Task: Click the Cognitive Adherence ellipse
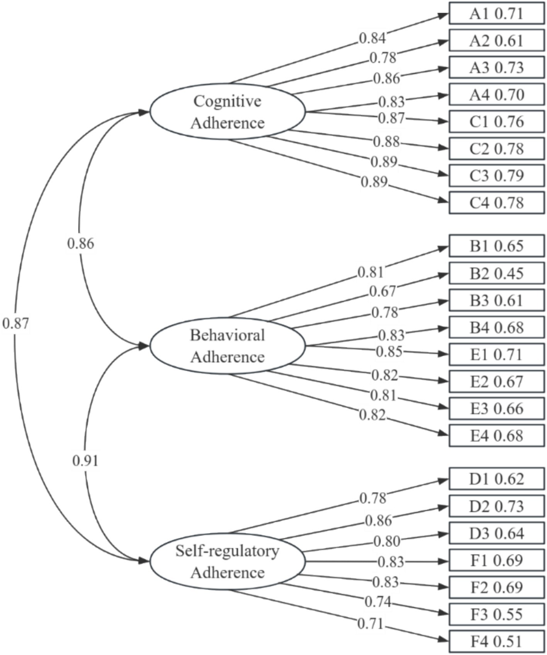[227, 112]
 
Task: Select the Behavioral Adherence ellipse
[227, 346]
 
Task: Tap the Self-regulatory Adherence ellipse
[227, 561]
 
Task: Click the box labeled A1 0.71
[496, 14]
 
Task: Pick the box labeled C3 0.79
[496, 176]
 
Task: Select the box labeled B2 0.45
[496, 274]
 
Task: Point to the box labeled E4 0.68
[496, 436]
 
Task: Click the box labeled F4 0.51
[496, 642]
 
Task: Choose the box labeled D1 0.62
[496, 479]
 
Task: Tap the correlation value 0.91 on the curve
[85, 461]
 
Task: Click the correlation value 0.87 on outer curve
[15, 323]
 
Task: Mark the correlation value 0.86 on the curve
[80, 244]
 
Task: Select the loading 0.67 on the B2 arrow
[383, 291]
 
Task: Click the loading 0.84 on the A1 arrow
[372, 38]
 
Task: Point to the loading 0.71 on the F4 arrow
[371, 623]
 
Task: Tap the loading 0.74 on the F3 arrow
[378, 602]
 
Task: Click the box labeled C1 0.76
[496, 122]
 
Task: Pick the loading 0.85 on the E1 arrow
[389, 352]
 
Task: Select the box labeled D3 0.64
[496, 534]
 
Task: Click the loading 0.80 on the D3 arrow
[387, 541]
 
